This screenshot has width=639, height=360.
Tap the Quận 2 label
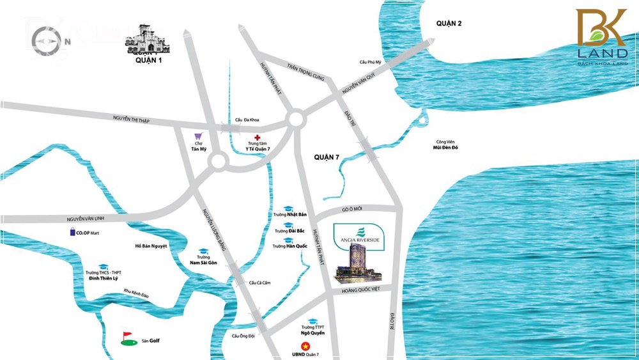pos(449,24)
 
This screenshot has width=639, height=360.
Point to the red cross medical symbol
pos(258,138)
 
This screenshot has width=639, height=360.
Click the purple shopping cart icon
pos(198,136)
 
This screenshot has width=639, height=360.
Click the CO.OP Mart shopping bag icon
pos(73,233)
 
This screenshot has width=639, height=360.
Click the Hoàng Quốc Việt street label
pos(361,290)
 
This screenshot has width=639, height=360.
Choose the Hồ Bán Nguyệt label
pos(151,246)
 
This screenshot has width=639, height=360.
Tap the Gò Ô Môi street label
pos(352,209)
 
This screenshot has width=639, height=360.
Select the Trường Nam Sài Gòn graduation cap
pos(203,251)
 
